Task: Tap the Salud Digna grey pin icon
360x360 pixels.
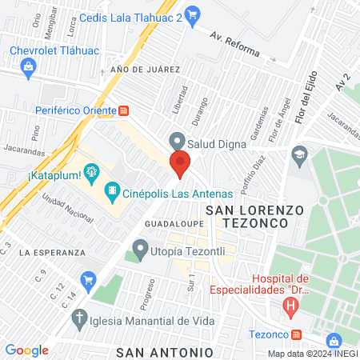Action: point(178,141)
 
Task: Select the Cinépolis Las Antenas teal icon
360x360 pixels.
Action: point(113,192)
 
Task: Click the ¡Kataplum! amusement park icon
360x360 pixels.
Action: point(93,170)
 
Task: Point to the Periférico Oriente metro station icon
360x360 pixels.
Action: point(124,110)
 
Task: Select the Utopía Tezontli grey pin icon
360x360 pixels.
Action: point(141,248)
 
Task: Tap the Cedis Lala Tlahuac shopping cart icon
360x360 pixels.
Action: point(192,14)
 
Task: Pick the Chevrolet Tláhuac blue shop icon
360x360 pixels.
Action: point(29,66)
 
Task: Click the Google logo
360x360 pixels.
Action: point(27,350)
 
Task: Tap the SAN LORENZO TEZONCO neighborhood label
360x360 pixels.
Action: point(255,217)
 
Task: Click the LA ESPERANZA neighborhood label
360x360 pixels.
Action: point(54,252)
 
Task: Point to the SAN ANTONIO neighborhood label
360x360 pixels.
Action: point(164,352)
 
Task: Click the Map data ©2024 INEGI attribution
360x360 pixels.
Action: point(312,354)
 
